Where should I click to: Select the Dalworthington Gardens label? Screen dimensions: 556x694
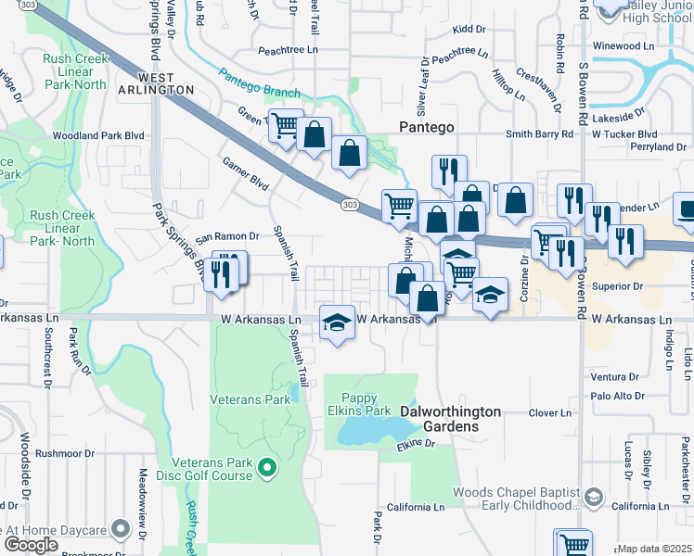click(450, 419)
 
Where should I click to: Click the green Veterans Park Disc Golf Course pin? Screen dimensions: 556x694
click(268, 467)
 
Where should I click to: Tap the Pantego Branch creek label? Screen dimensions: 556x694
click(260, 84)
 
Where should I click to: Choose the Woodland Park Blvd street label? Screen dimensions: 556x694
click(100, 135)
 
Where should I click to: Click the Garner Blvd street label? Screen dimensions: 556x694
click(246, 173)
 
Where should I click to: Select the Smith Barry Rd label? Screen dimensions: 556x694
click(537, 134)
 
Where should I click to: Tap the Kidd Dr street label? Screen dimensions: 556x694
click(469, 30)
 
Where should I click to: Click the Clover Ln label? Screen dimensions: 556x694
click(550, 413)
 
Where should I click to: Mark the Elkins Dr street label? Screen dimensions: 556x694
click(417, 445)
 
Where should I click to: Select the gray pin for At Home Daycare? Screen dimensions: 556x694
click(120, 529)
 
